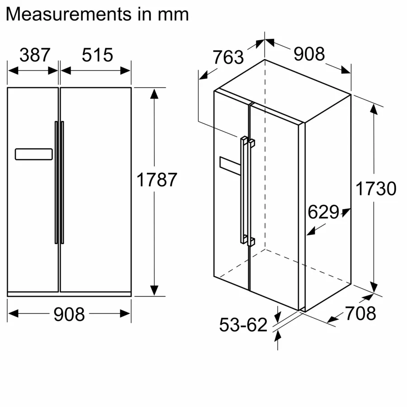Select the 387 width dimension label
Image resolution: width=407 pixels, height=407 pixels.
click(x=35, y=55)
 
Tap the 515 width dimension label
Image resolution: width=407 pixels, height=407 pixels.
click(x=97, y=55)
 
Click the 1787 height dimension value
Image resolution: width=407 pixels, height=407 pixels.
click(x=156, y=180)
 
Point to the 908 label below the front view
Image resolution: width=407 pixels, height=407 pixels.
click(x=69, y=314)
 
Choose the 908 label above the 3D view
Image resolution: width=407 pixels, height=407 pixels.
click(x=309, y=54)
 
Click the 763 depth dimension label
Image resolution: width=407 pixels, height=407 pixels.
click(x=228, y=57)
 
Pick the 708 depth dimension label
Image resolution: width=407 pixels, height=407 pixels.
click(x=360, y=313)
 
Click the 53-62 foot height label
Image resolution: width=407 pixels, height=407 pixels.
click(x=243, y=325)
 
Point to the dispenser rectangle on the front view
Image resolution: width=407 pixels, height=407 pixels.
click(x=33, y=154)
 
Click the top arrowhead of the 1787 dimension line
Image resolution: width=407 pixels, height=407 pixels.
click(x=154, y=94)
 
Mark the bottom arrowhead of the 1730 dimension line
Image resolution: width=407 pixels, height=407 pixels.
click(x=374, y=287)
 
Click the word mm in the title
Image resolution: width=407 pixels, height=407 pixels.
click(x=173, y=14)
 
